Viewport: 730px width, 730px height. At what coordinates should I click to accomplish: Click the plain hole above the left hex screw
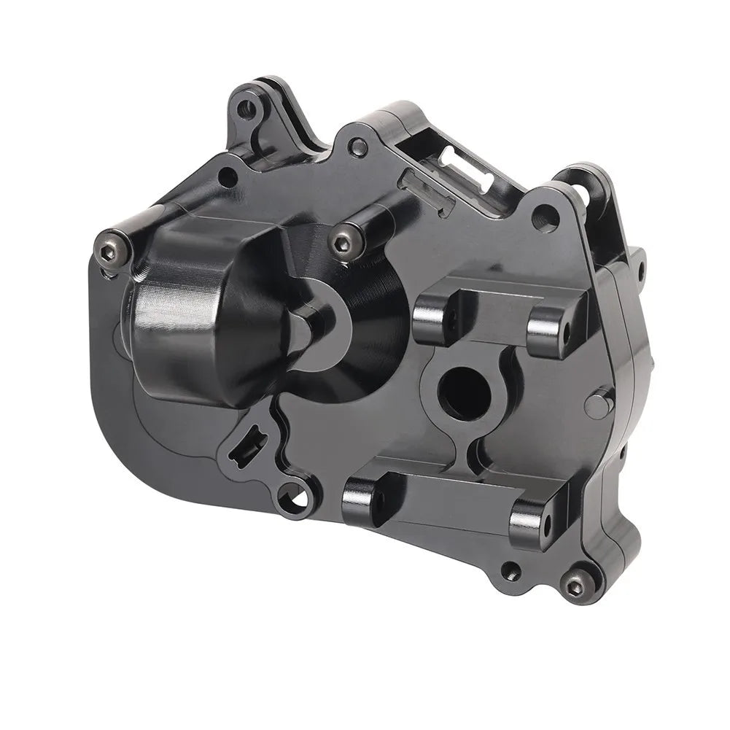tap(228, 174)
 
